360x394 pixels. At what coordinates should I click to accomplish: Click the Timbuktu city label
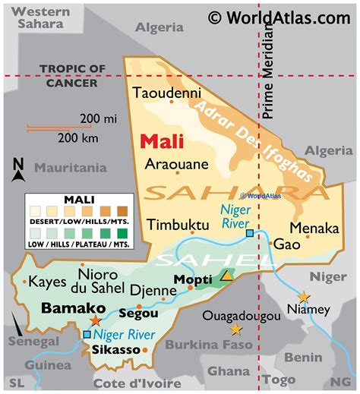coord(178,225)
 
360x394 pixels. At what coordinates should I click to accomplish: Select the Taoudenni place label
coord(167,93)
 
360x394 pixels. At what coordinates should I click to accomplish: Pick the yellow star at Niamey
coord(304,295)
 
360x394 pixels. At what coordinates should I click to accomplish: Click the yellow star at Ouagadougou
coord(236,329)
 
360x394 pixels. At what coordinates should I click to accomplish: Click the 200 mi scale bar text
coord(100,118)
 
